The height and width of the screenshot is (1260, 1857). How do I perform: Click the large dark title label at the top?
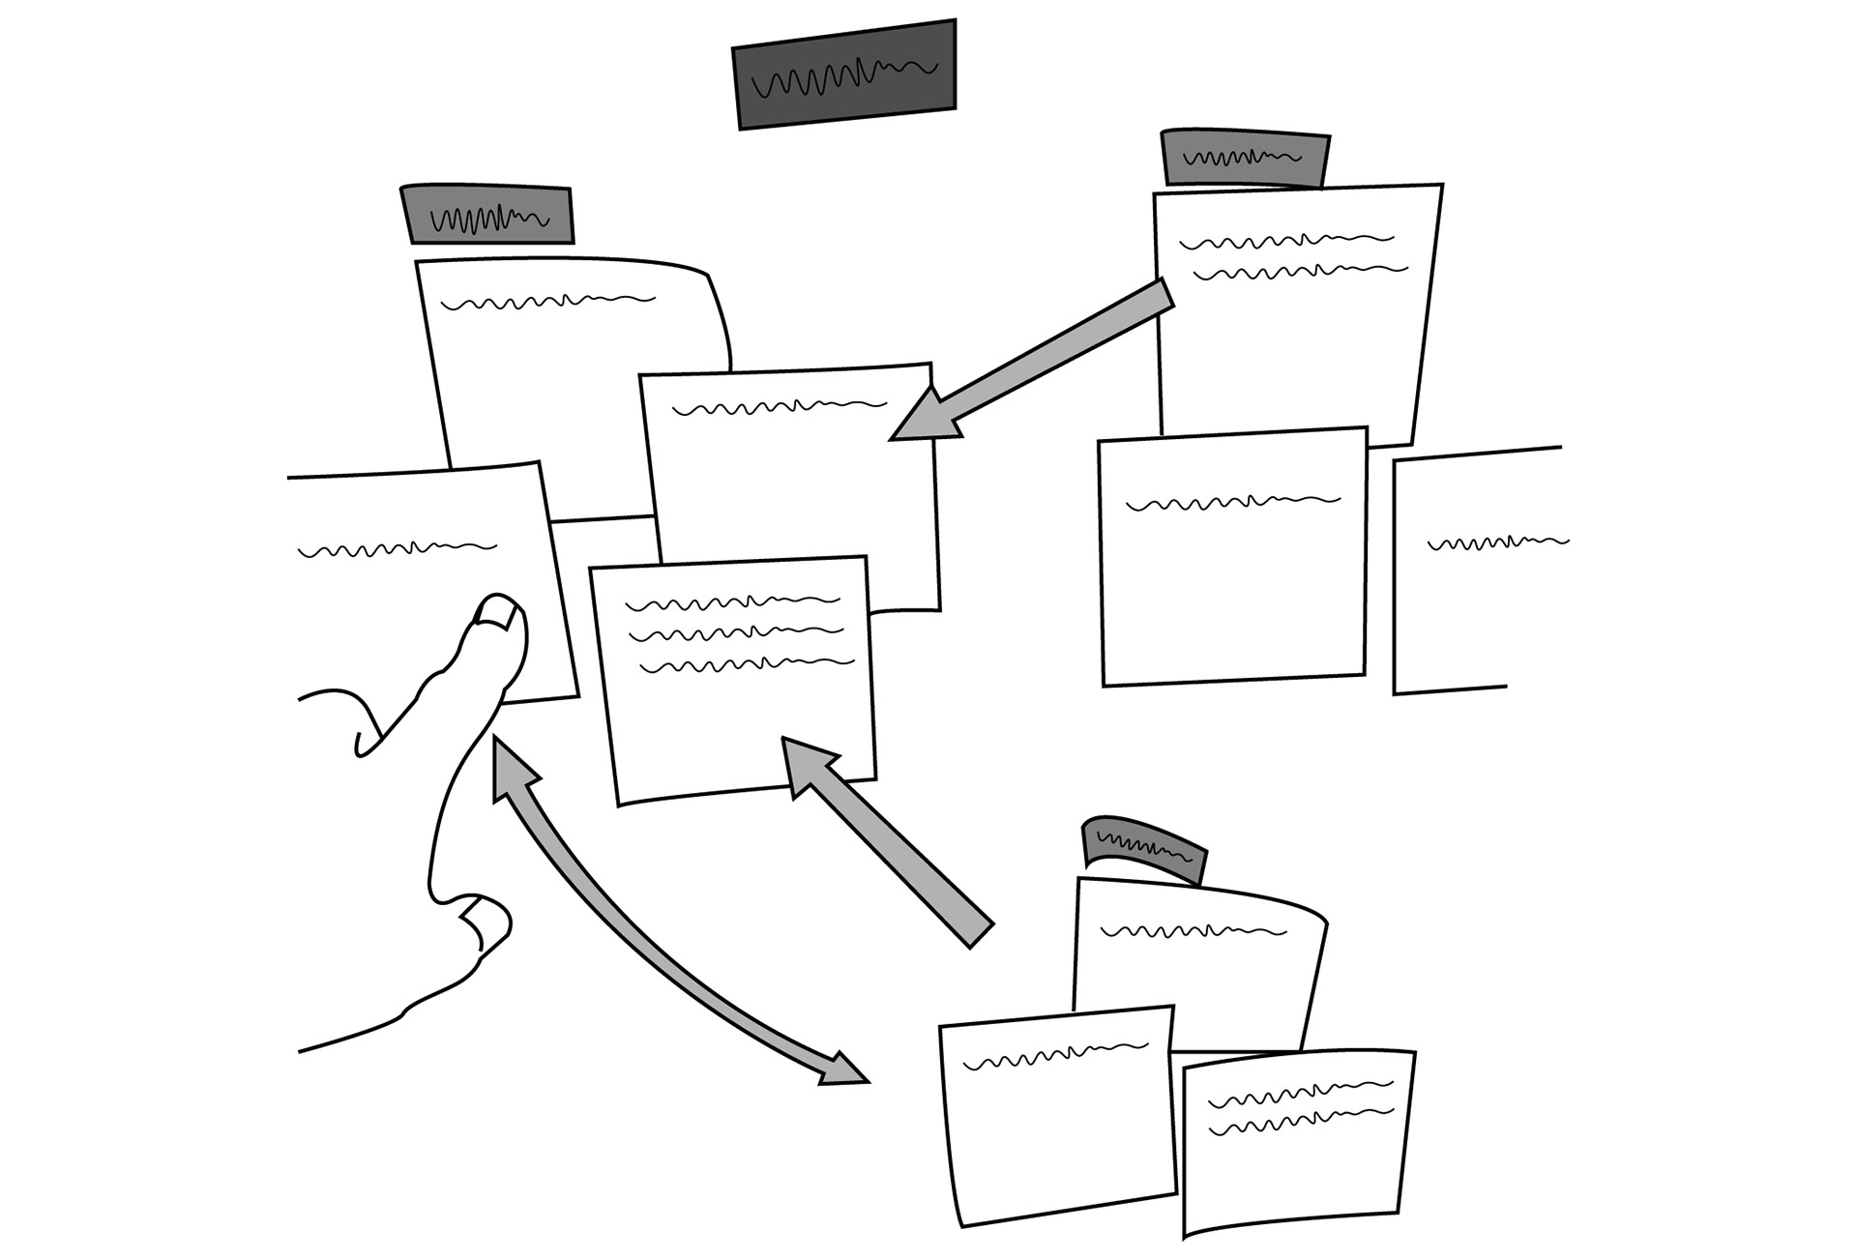pyautogui.click(x=844, y=74)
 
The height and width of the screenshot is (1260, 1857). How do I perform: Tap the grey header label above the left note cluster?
pyautogui.click(x=486, y=214)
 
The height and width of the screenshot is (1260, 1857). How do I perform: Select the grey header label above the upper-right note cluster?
pyautogui.click(x=1245, y=158)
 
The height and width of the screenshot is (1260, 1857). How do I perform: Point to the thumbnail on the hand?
pyautogui.click(x=488, y=920)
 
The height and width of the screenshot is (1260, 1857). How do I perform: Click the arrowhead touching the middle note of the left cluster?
pyautogui.click(x=921, y=418)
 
